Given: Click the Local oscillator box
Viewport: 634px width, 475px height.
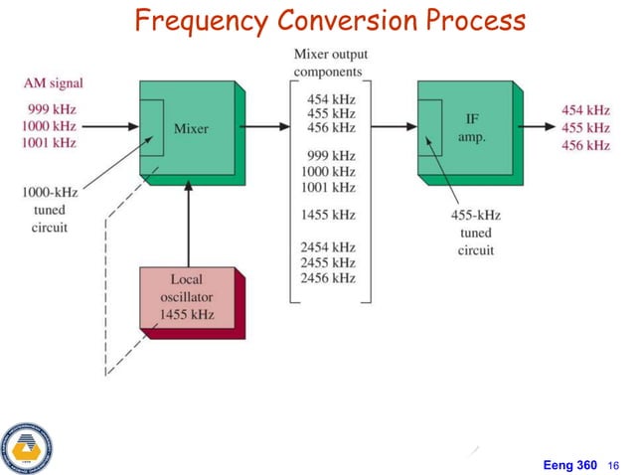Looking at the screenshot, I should [x=187, y=297].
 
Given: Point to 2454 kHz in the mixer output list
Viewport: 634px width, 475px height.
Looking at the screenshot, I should [x=331, y=247].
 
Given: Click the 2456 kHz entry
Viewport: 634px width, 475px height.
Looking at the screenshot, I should [x=331, y=278].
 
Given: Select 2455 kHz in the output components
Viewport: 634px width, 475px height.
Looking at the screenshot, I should [x=331, y=262].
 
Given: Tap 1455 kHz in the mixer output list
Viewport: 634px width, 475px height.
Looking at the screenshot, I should [x=331, y=214].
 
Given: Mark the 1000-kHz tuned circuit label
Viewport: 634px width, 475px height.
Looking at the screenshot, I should [x=45, y=210].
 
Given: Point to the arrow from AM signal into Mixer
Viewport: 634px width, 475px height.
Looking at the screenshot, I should [x=109, y=127].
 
